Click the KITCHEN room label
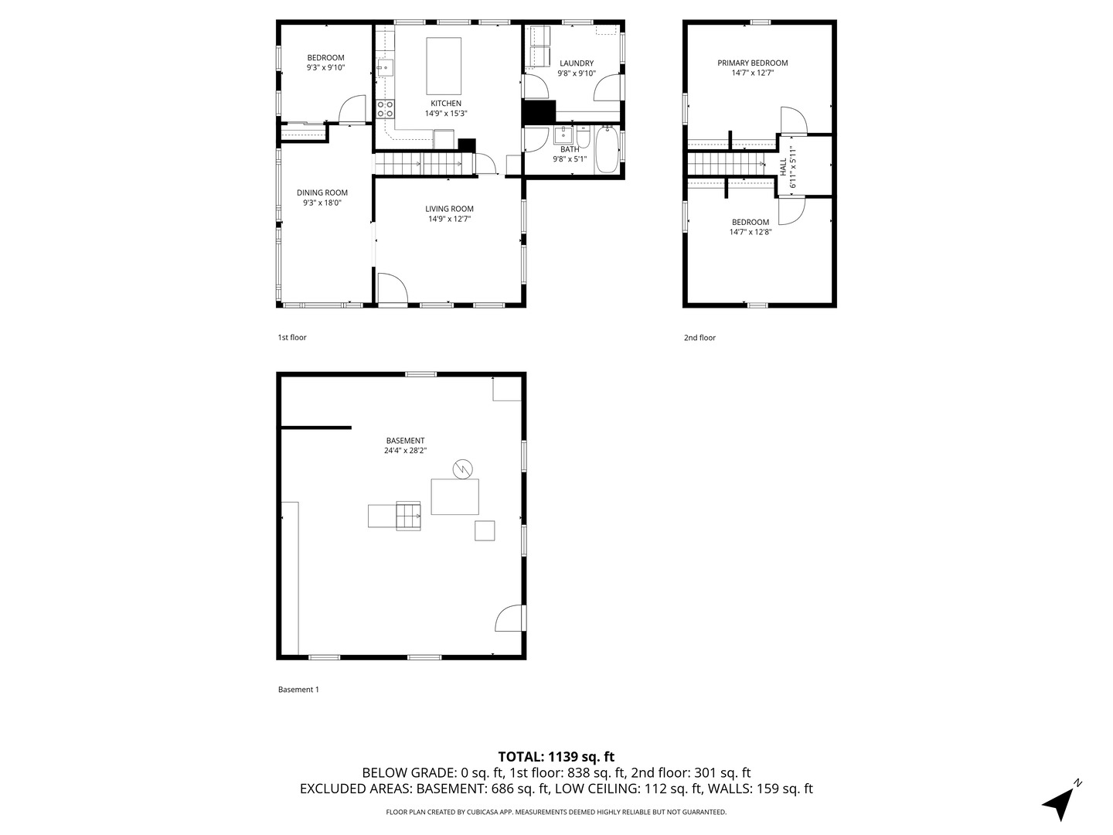pos(446,104)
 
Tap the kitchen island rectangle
pos(444,66)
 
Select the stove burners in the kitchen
pos(385,109)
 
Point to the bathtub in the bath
pos(607,150)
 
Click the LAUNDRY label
pos(577,63)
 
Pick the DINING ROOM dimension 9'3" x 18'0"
pos(322,203)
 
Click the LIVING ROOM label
pos(449,209)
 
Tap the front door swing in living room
pos(393,288)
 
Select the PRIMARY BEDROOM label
pos(752,63)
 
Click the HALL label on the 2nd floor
pos(783,165)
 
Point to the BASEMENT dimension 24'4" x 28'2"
pos(405,451)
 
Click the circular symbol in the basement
pos(463,469)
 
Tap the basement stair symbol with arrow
pos(407,516)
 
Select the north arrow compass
pos(1060,802)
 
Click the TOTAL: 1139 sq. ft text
pos(556,757)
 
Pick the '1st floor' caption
pos(292,337)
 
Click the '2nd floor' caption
pos(699,338)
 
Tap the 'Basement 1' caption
pos(298,690)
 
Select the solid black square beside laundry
pos(539,113)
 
